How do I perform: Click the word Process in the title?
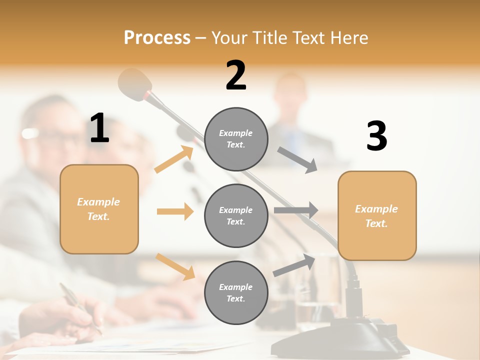click(x=157, y=38)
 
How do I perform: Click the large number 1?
click(x=99, y=128)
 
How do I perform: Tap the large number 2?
click(x=236, y=75)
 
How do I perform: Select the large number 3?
click(x=376, y=136)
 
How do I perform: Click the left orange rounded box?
click(x=99, y=209)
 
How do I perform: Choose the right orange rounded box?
click(x=377, y=215)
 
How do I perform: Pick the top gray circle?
click(x=236, y=138)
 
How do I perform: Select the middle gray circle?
click(x=236, y=215)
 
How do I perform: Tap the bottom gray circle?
click(x=236, y=292)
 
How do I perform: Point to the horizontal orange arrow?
click(x=175, y=211)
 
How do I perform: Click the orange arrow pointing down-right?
click(x=175, y=266)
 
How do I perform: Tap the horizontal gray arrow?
click(x=295, y=210)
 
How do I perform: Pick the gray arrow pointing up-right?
click(x=294, y=265)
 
